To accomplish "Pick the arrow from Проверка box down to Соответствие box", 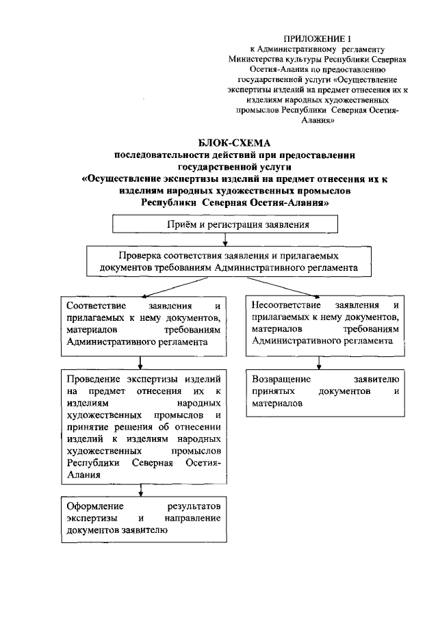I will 140,287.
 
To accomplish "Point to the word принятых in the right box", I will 272,391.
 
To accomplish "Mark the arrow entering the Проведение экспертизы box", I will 140,363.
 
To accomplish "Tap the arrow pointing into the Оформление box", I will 140,490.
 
